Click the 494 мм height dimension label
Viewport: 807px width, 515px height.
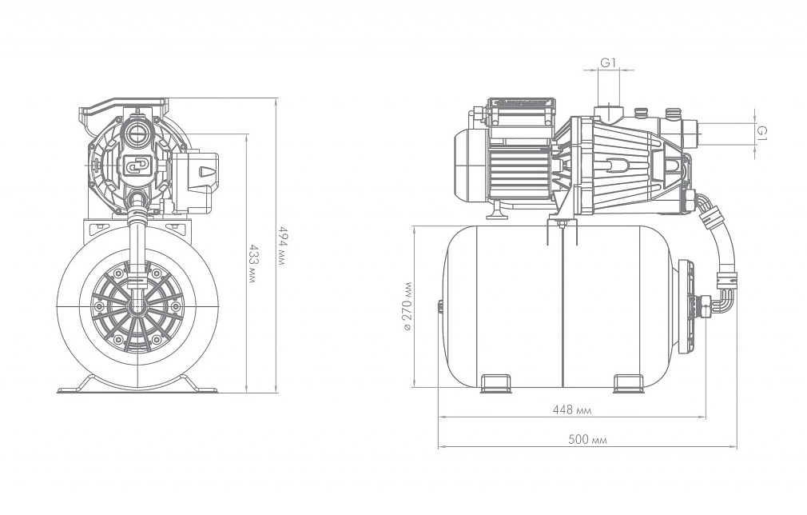[x=280, y=245]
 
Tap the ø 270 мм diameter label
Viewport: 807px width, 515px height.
[x=407, y=306]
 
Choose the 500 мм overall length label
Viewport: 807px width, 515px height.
[x=587, y=439]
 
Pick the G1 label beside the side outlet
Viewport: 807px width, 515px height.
[x=762, y=133]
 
